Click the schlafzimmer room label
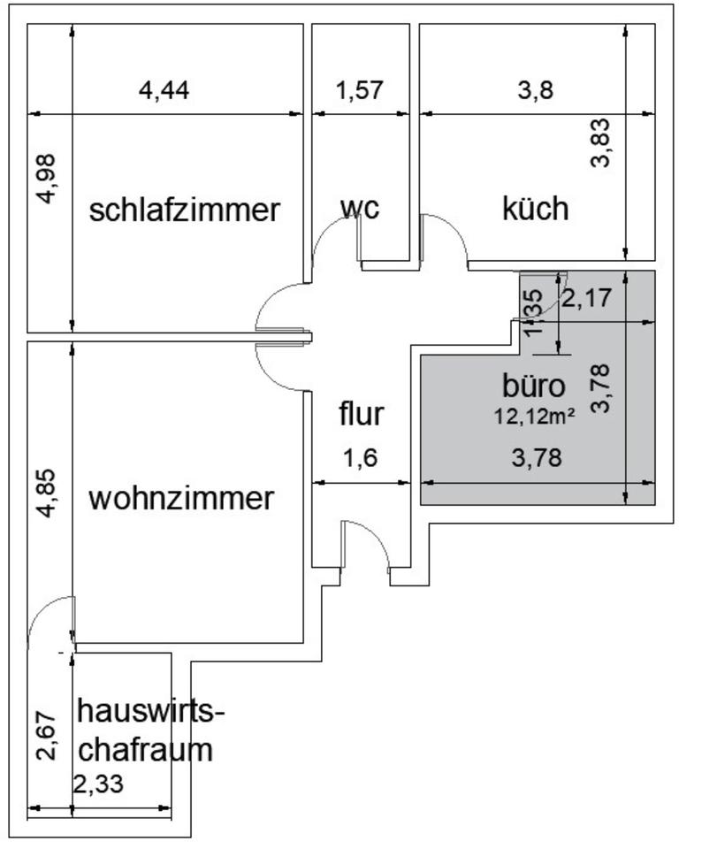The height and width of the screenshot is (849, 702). pos(185,210)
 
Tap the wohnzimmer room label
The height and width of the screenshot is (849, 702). pos(181,498)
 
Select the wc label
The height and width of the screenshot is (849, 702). pos(360,209)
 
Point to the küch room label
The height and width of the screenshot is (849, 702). pos(535,209)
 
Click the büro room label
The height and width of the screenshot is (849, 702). pos(532,386)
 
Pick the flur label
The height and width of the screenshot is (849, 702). pos(362,413)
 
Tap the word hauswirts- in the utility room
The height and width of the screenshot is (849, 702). pos(151,710)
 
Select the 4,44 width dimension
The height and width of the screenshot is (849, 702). pos(165,90)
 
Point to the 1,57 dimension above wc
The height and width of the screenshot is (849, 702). pos(360,90)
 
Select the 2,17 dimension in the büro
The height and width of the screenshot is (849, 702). pos(586,298)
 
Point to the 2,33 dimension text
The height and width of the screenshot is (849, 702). pos(98,784)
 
